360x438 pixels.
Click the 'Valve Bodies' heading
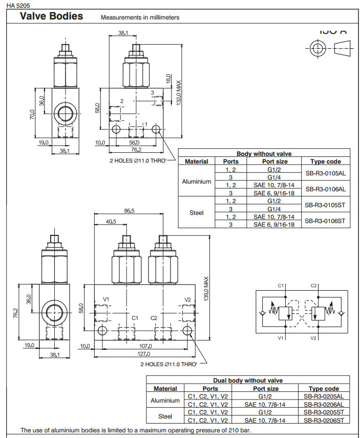coord(51,16)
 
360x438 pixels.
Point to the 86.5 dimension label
coord(129,210)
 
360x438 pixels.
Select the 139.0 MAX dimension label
coord(206,290)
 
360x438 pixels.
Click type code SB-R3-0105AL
coord(325,173)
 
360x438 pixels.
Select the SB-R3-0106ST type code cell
coord(325,221)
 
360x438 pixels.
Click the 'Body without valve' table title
coord(264,153)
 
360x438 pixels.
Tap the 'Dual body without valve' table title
coord(248,381)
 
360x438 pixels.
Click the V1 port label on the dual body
coord(106,299)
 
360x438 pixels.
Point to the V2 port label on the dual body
coord(187,299)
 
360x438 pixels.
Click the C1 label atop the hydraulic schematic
coord(281,285)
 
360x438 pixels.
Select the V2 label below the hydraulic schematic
coord(314,338)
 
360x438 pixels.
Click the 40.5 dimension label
coord(111,222)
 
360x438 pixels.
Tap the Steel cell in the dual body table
coord(165,416)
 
